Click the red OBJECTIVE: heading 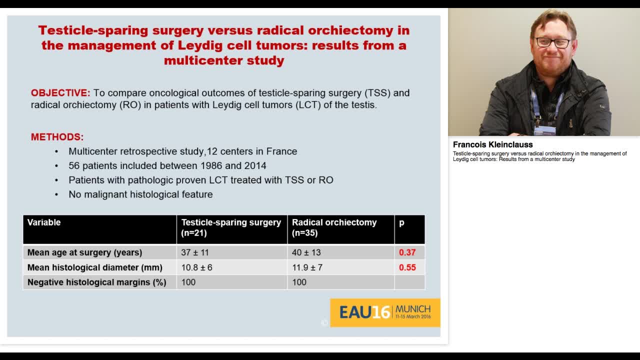60,93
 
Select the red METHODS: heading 57,137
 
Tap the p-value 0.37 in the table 407,252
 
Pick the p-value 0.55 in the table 407,267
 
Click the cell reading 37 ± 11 195,252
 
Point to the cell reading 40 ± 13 306,252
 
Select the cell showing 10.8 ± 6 196,267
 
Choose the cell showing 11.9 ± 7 307,267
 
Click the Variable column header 44,222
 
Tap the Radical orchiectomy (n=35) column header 334,227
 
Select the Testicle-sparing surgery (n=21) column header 230,227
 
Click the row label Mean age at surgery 84,252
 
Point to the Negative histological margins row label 96,282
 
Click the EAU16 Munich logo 385,312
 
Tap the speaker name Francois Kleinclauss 492,144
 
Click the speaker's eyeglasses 552,42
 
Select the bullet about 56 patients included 167,165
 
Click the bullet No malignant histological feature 140,194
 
